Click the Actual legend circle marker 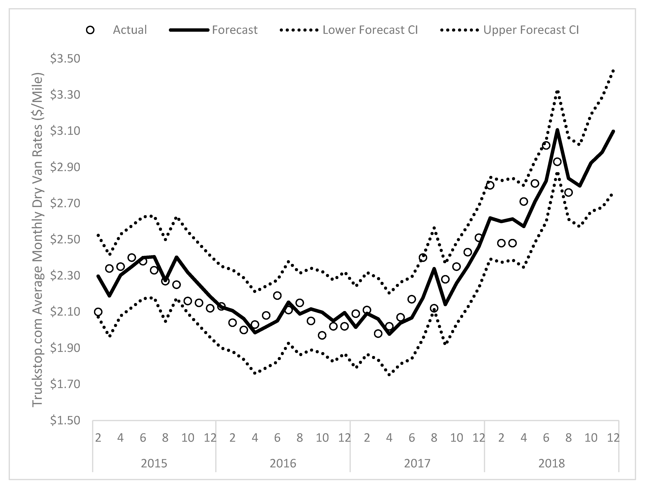[91, 30]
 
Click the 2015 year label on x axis [154, 463]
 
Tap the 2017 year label [417, 463]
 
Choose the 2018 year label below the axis [551, 463]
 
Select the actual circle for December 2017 [479, 238]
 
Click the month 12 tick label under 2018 [613, 438]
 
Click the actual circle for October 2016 [322, 335]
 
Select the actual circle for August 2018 [568, 192]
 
